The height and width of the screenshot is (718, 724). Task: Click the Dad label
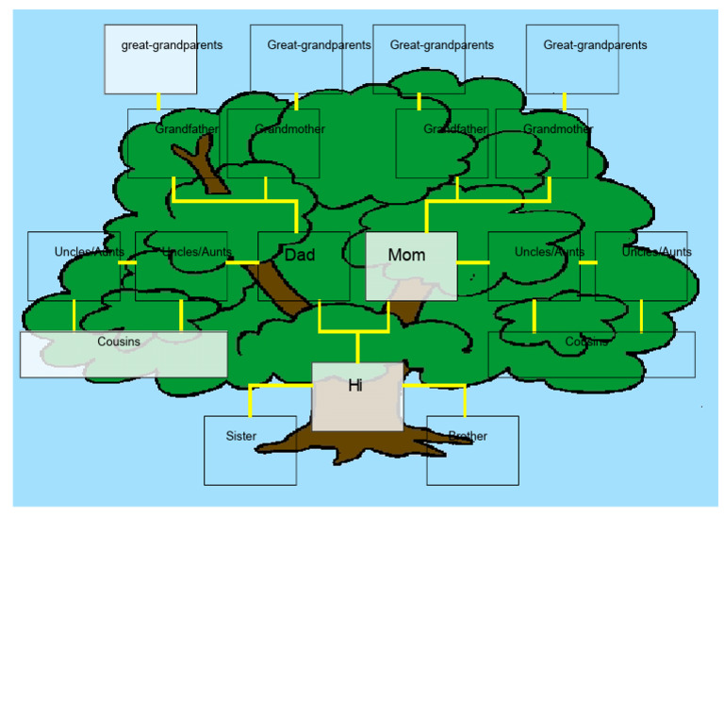300,255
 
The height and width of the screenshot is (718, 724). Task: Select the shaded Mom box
411,266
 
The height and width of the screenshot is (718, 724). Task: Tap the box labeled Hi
357,397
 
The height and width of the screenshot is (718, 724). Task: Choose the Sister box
250,450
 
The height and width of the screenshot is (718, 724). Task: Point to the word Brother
468,436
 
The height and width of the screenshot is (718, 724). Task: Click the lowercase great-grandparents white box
151,59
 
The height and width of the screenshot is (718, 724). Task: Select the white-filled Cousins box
123,355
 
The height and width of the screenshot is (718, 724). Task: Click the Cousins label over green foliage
586,342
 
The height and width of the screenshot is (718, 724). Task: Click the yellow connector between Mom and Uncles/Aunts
473,262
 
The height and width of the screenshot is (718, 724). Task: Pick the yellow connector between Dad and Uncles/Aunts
242,262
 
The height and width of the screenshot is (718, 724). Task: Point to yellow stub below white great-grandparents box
158,102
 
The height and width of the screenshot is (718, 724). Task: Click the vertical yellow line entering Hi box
358,347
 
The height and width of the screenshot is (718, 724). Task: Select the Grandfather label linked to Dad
187,129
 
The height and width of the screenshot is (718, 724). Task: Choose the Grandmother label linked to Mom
558,129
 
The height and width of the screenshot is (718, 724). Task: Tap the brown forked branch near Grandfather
202,165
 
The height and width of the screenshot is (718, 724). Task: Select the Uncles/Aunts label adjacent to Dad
197,252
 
